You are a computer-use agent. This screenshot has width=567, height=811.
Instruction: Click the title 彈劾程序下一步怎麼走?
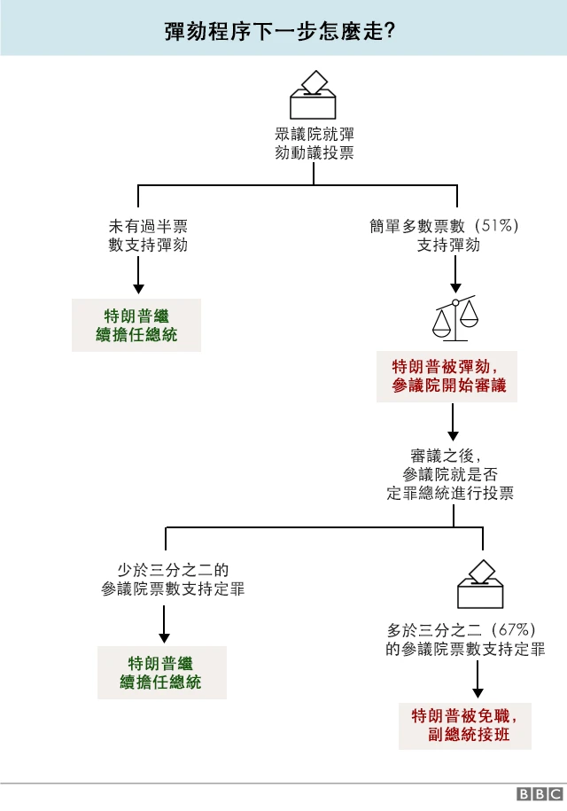279,30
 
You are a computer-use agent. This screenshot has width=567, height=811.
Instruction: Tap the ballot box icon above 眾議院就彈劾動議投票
315,95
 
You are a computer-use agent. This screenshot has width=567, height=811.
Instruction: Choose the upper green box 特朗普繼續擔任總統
137,325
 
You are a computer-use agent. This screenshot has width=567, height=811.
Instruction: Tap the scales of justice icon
454,319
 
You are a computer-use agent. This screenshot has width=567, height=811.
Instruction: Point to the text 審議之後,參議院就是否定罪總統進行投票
450,475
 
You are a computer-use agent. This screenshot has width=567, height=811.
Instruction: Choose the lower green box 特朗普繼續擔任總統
161,673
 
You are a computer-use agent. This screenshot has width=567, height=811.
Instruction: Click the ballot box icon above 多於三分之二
479,584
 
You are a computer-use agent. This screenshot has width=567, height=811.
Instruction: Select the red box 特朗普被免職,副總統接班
464,725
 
